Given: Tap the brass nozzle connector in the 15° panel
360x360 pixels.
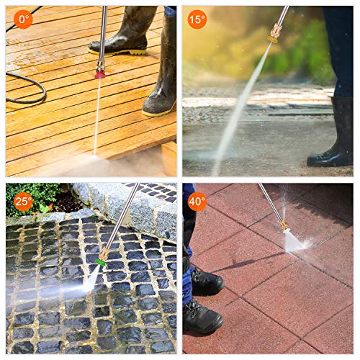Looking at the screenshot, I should click(x=274, y=32).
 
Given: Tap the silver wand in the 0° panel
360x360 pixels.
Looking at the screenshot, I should click(x=103, y=32).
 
